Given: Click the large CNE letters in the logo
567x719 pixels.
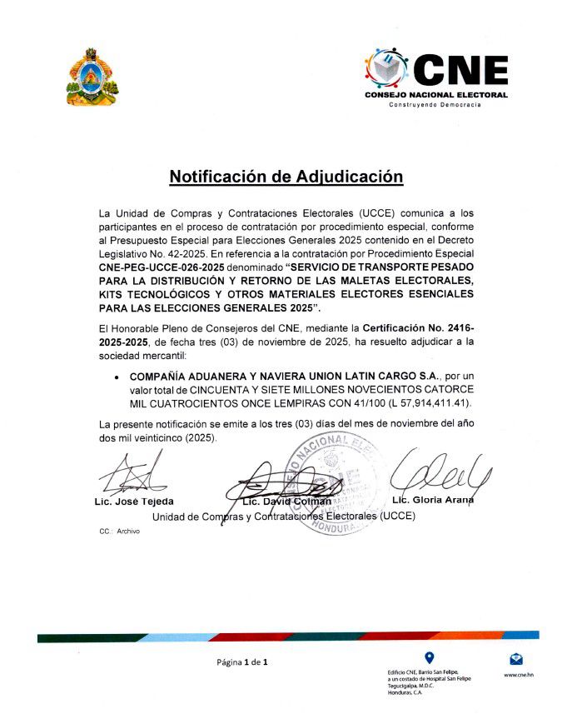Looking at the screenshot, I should tap(460, 71).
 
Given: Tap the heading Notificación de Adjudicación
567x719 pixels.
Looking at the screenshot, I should tap(286, 177).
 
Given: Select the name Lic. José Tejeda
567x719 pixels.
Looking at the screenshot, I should tap(133, 502).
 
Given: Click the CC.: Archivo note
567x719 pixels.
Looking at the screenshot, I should tap(119, 531).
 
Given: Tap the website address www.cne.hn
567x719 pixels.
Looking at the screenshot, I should tap(519, 675).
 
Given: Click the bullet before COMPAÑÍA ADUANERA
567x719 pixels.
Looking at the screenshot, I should tap(117, 377).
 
